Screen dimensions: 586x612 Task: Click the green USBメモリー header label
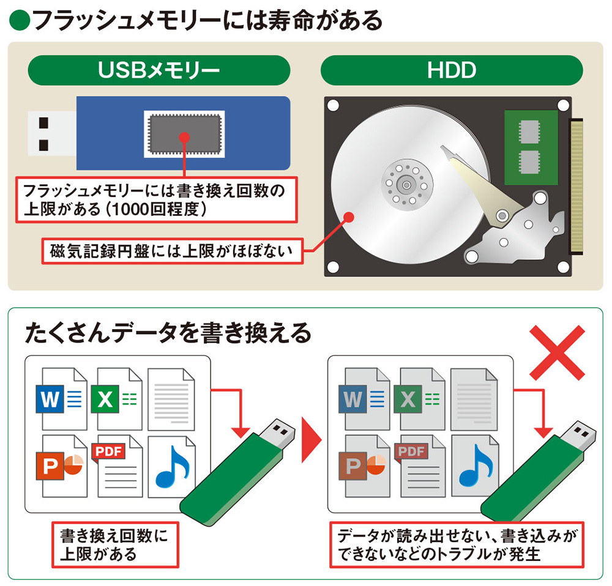159,70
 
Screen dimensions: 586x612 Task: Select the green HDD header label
452,70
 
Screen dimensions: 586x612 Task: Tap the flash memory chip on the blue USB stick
184,133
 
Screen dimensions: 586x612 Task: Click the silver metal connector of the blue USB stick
51,133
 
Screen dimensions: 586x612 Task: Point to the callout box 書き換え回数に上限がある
115,544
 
